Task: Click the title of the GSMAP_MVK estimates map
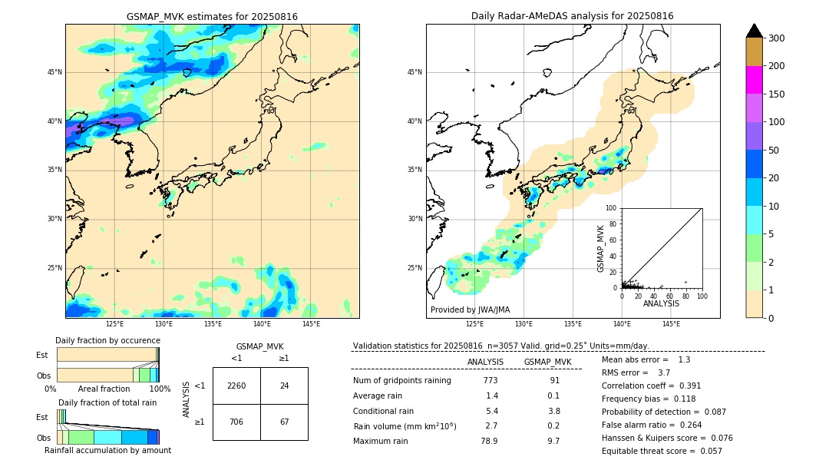coord(212,16)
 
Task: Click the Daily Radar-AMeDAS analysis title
coord(572,16)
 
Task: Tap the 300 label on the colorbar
coord(777,38)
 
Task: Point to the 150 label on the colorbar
coord(777,94)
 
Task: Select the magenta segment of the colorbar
coord(754,80)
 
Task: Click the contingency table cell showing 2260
coord(236,386)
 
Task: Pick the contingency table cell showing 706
coord(236,422)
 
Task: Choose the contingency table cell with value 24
coord(284,386)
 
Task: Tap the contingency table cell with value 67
coord(284,422)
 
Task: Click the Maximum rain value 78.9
coord(489,441)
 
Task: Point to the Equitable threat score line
coord(662,451)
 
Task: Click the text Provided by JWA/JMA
coord(470,310)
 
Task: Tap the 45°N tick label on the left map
coord(54,72)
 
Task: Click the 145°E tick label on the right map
coord(671,324)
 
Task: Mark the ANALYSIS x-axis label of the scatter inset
coord(661,303)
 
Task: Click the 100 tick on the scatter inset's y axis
coord(611,208)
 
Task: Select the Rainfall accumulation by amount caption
coord(107,450)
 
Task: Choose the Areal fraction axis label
coord(104,389)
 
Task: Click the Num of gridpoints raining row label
coord(401,381)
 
